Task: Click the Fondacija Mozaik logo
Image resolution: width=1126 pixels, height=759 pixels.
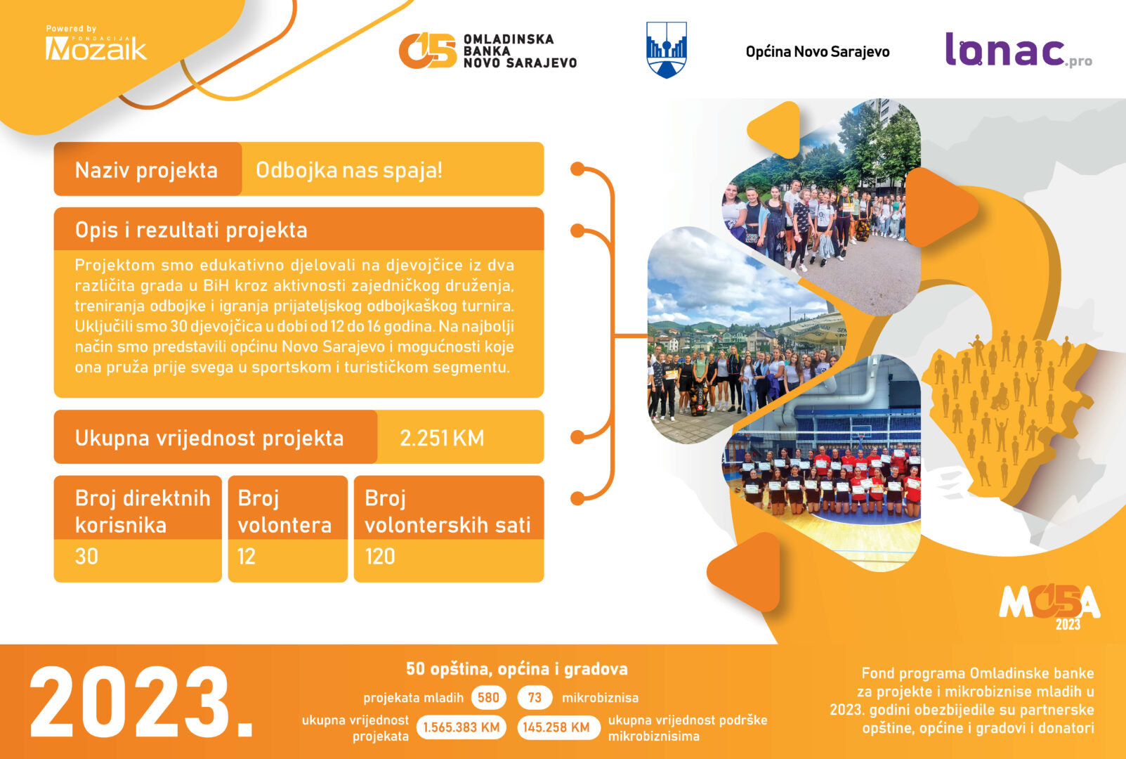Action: (x=96, y=44)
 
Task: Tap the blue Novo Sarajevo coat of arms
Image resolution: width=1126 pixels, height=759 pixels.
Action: (x=667, y=50)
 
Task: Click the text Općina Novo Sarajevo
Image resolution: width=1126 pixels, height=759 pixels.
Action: (x=818, y=52)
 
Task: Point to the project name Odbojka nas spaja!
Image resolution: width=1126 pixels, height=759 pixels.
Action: (x=349, y=170)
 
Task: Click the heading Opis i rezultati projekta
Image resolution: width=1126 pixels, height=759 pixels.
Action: (x=191, y=230)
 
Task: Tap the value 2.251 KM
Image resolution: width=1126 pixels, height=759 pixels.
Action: (x=442, y=438)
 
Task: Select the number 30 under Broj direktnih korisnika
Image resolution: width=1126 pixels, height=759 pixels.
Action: (x=86, y=557)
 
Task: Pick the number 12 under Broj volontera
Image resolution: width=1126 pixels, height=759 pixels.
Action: (x=247, y=557)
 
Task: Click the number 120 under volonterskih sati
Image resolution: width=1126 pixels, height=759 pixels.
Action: (x=379, y=557)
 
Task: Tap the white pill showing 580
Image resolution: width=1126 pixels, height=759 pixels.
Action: (x=488, y=698)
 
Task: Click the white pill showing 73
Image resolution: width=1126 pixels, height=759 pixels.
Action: (x=535, y=698)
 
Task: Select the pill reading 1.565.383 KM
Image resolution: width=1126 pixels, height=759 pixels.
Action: (x=461, y=727)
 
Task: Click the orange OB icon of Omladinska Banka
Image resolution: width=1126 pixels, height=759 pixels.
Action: (x=428, y=51)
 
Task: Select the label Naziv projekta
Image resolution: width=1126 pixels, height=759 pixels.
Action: (x=146, y=170)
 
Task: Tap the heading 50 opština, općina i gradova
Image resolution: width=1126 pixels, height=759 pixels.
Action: (x=517, y=669)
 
